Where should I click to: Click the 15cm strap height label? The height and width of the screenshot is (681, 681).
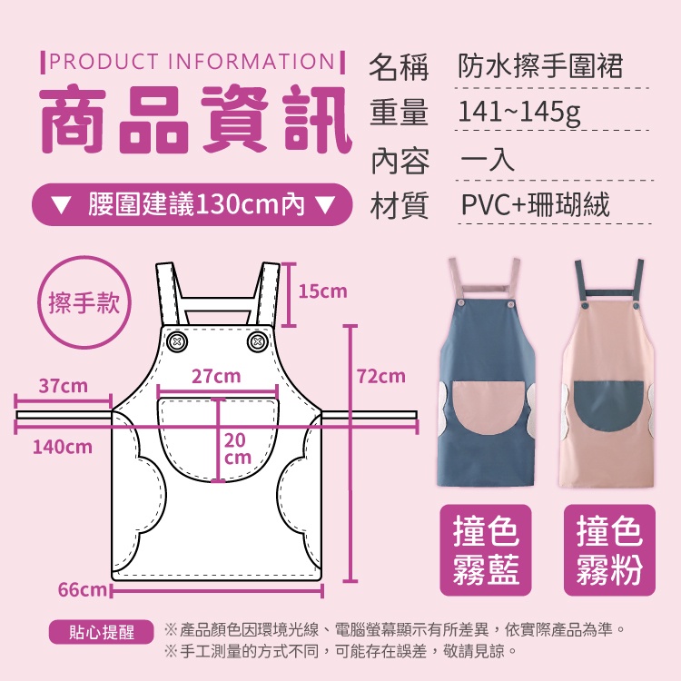[322, 291]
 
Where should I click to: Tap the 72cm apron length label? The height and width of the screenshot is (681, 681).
[380, 376]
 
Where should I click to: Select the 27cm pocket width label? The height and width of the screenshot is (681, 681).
[216, 376]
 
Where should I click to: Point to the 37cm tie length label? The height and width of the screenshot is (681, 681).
[63, 386]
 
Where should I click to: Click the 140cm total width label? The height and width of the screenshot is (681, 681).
[63, 447]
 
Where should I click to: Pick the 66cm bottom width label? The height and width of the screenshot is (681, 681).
[82, 590]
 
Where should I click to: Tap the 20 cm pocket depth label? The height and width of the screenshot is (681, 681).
[238, 449]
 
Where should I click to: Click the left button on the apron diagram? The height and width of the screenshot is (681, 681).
[177, 341]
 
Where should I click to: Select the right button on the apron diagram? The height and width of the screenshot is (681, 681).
[257, 341]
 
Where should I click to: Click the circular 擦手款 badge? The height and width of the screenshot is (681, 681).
[84, 302]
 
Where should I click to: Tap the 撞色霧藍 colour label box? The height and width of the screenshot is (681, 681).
[486, 550]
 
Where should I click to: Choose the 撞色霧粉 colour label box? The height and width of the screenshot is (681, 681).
[609, 550]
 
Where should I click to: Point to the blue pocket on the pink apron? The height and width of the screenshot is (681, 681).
[609, 405]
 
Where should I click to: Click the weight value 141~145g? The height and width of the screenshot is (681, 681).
[519, 113]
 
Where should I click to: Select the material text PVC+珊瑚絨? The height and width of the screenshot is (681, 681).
[535, 204]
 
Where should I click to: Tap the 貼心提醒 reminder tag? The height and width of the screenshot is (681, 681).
[101, 632]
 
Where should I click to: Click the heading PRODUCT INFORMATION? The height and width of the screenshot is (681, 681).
[192, 62]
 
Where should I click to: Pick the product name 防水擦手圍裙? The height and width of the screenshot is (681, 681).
[541, 66]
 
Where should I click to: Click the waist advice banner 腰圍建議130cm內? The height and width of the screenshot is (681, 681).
[192, 204]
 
